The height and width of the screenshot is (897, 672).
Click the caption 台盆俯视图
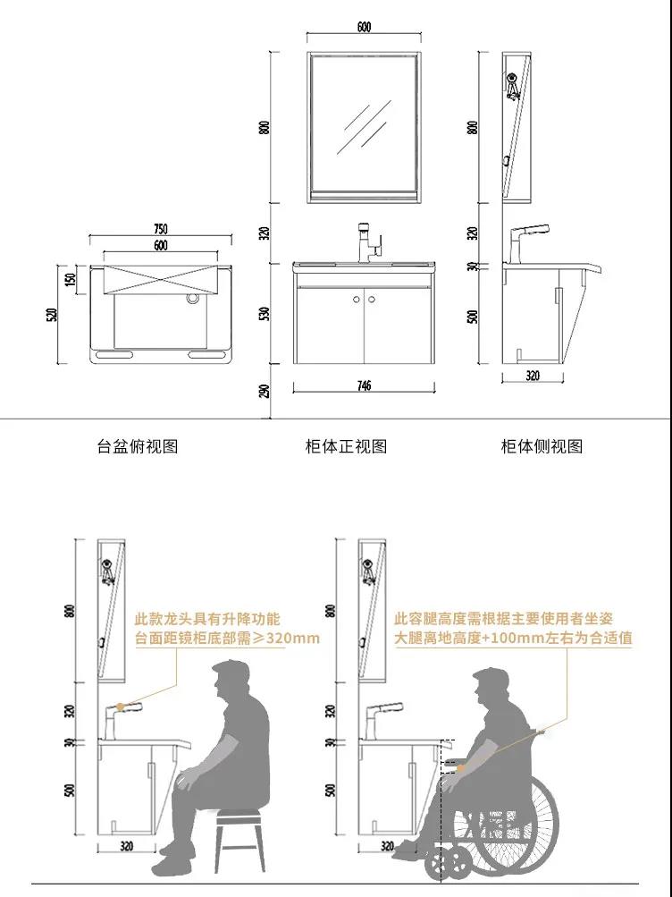[138, 446]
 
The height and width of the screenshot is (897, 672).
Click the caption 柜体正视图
[347, 446]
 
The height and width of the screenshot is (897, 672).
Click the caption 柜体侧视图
[542, 446]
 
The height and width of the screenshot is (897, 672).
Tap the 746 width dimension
[364, 385]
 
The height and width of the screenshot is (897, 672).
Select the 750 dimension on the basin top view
[161, 229]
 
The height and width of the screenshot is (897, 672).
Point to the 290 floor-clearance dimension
[265, 392]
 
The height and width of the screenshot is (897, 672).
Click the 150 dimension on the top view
[71, 280]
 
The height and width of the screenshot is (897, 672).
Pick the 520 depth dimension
[52, 314]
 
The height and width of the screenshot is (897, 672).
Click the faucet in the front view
[369, 243]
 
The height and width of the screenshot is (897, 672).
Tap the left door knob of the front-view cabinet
[357, 300]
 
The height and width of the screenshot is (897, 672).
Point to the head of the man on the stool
[231, 681]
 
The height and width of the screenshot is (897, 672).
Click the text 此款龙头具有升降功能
[207, 619]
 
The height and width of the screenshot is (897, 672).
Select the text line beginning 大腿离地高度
[513, 638]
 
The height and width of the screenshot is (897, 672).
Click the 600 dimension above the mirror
[364, 27]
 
